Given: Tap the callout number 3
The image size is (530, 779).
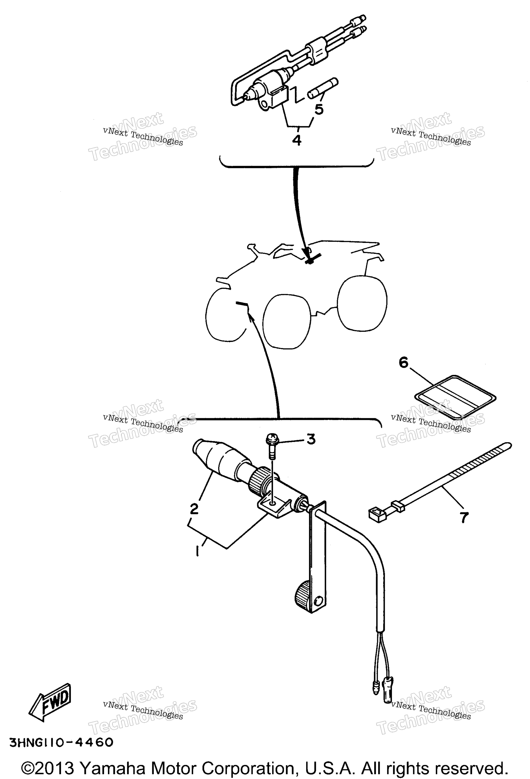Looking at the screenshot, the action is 311,439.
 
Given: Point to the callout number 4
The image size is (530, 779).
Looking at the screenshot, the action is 297,140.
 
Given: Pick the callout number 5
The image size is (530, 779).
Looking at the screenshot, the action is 319,109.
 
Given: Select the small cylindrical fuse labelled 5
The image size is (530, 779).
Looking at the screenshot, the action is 323,89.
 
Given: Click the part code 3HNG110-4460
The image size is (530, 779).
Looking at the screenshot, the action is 61,743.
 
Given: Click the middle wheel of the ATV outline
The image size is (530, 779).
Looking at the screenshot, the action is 287,321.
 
